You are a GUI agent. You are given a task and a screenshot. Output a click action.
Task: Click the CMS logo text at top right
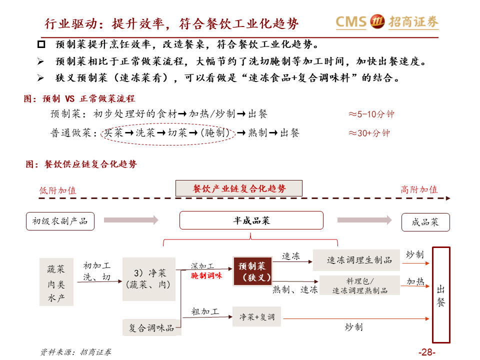coord(351,21)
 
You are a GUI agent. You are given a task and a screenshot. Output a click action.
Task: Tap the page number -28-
coord(427,352)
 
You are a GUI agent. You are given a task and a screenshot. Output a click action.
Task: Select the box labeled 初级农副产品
coord(60,221)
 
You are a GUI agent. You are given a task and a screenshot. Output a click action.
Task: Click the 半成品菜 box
coord(251,220)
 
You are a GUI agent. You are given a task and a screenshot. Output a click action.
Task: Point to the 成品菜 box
coord(425,222)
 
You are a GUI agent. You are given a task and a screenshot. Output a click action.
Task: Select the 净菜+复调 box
coord(256,317)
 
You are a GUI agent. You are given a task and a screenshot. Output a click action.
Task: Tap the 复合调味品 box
coord(151,328)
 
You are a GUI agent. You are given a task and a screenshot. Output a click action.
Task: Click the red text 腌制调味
coord(206,275)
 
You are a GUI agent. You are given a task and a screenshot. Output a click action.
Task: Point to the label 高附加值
coord(419,190)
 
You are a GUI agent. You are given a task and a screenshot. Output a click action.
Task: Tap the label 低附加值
coord(58,190)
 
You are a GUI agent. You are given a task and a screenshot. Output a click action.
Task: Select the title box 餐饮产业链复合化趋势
coord(239,188)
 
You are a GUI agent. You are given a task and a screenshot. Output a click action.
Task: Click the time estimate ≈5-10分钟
coord(371,114)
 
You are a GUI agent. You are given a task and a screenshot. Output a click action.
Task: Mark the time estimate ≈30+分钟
coord(369,133)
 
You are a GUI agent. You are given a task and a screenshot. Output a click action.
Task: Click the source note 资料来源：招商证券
coord(76,352)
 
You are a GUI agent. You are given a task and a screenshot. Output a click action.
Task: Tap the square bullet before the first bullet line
coord(41,45)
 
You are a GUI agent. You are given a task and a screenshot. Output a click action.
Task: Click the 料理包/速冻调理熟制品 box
coord(359,285)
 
